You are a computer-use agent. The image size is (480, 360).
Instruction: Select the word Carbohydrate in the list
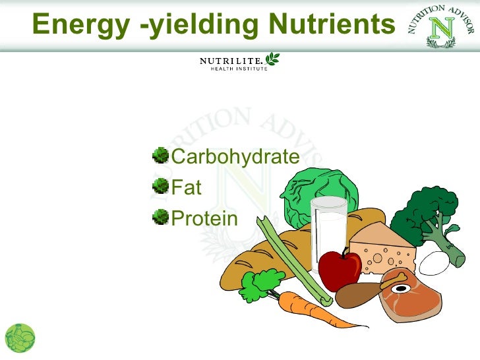point(235,157)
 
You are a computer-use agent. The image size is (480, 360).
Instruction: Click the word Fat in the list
point(187,187)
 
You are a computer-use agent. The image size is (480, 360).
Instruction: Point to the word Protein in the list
point(204,218)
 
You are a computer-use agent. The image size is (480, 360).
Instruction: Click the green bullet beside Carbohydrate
point(160,156)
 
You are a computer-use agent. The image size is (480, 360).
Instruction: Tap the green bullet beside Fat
point(160,187)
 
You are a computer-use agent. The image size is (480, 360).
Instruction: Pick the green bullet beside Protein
point(160,217)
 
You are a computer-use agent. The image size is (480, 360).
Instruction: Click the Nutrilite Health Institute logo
point(239,63)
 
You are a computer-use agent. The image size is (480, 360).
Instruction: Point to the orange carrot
point(310,310)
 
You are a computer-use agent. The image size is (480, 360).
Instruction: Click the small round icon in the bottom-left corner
point(20,338)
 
